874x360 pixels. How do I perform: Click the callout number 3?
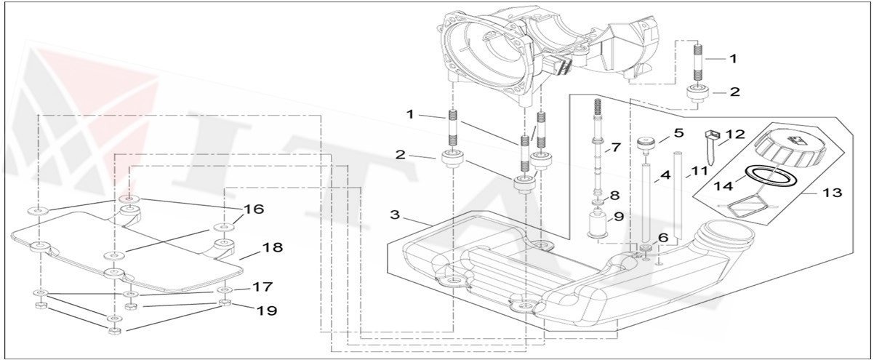395,215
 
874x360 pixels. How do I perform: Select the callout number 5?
678,133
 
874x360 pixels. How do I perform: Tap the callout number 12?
735,135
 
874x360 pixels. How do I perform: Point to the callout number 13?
832,193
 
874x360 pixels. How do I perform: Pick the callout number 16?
254,209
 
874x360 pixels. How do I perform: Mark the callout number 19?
267,311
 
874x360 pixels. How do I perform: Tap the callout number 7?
615,148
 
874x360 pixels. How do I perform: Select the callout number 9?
618,216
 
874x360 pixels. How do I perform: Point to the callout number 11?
699,171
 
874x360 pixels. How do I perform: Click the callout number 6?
662,238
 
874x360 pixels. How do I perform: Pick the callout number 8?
614,195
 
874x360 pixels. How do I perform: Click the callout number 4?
664,175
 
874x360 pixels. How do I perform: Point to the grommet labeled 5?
644,142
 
